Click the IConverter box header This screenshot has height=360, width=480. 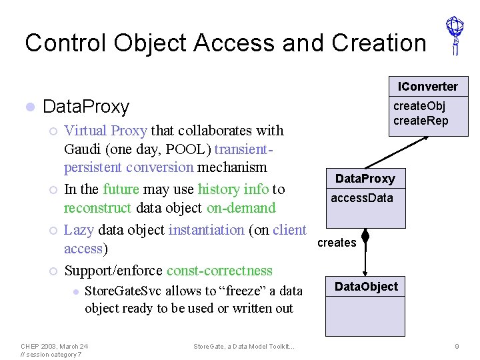(x=428, y=87)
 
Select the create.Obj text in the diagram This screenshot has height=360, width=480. (x=419, y=106)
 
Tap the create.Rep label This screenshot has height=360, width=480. (x=421, y=121)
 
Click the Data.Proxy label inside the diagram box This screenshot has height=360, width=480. (x=365, y=179)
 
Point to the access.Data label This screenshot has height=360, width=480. (x=362, y=198)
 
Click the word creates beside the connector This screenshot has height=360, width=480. (x=337, y=243)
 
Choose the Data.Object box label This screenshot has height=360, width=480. (x=366, y=287)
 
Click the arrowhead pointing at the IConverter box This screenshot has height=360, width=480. (x=408, y=137)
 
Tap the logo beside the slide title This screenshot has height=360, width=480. (x=455, y=35)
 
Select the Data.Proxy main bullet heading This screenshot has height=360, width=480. (x=85, y=107)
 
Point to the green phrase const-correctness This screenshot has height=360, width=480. (x=219, y=271)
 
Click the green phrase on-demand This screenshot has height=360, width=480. (x=241, y=208)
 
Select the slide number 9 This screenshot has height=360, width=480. (x=457, y=346)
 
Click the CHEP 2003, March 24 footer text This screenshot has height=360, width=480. (x=54, y=346)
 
